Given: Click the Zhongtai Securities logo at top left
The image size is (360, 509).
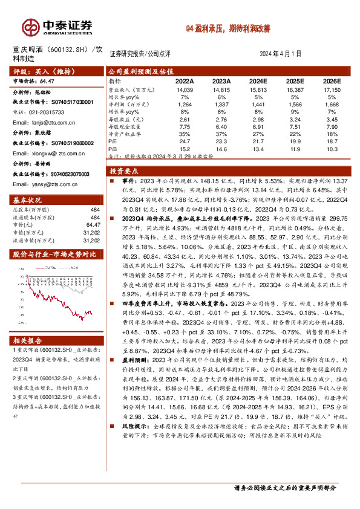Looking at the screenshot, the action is point(57,26).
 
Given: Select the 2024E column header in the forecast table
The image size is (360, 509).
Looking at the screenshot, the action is point(258,80).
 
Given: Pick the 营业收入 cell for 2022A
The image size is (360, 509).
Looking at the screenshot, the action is point(184,89).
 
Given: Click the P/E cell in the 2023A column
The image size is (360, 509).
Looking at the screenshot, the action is point(221,141).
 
